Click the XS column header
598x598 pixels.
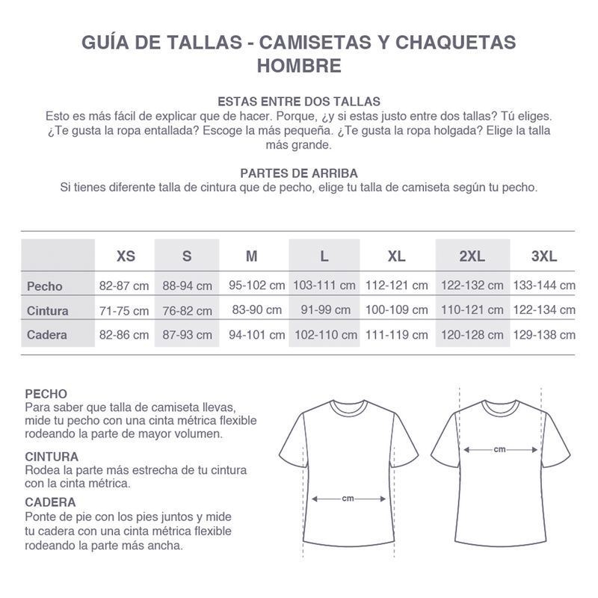coord(126,256)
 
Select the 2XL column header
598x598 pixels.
coord(472,256)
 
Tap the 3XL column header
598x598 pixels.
coord(544,256)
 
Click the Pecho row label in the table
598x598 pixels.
coord(45,286)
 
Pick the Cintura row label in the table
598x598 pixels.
coord(48,310)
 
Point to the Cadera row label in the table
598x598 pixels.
coord(47,334)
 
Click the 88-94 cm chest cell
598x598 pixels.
coord(188,286)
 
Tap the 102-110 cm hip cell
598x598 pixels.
coord(325,334)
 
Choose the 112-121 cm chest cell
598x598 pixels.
coord(397,286)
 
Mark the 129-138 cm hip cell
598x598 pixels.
coord(544,334)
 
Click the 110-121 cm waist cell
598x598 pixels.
coord(472,309)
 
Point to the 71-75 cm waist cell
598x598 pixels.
coord(124,309)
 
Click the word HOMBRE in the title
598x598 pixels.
coord(299,66)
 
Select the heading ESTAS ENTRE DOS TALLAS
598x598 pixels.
coord(299,102)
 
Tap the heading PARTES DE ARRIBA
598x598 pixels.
coord(299,173)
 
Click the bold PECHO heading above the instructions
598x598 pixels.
coord(46,393)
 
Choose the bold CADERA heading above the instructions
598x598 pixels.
coord(50,502)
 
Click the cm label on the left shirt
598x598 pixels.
coord(348,498)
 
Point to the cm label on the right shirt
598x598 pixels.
coord(500,449)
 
